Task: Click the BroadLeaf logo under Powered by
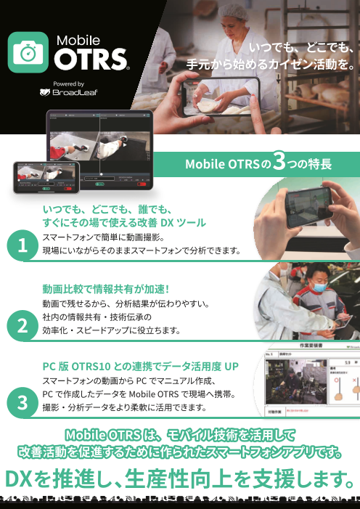pos(70,92)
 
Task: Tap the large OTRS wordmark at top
pos(92,59)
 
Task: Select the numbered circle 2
pos(23,325)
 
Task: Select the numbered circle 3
pos(23,402)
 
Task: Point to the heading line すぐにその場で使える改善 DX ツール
pos(124,221)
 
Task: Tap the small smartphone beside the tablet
pos(46,177)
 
